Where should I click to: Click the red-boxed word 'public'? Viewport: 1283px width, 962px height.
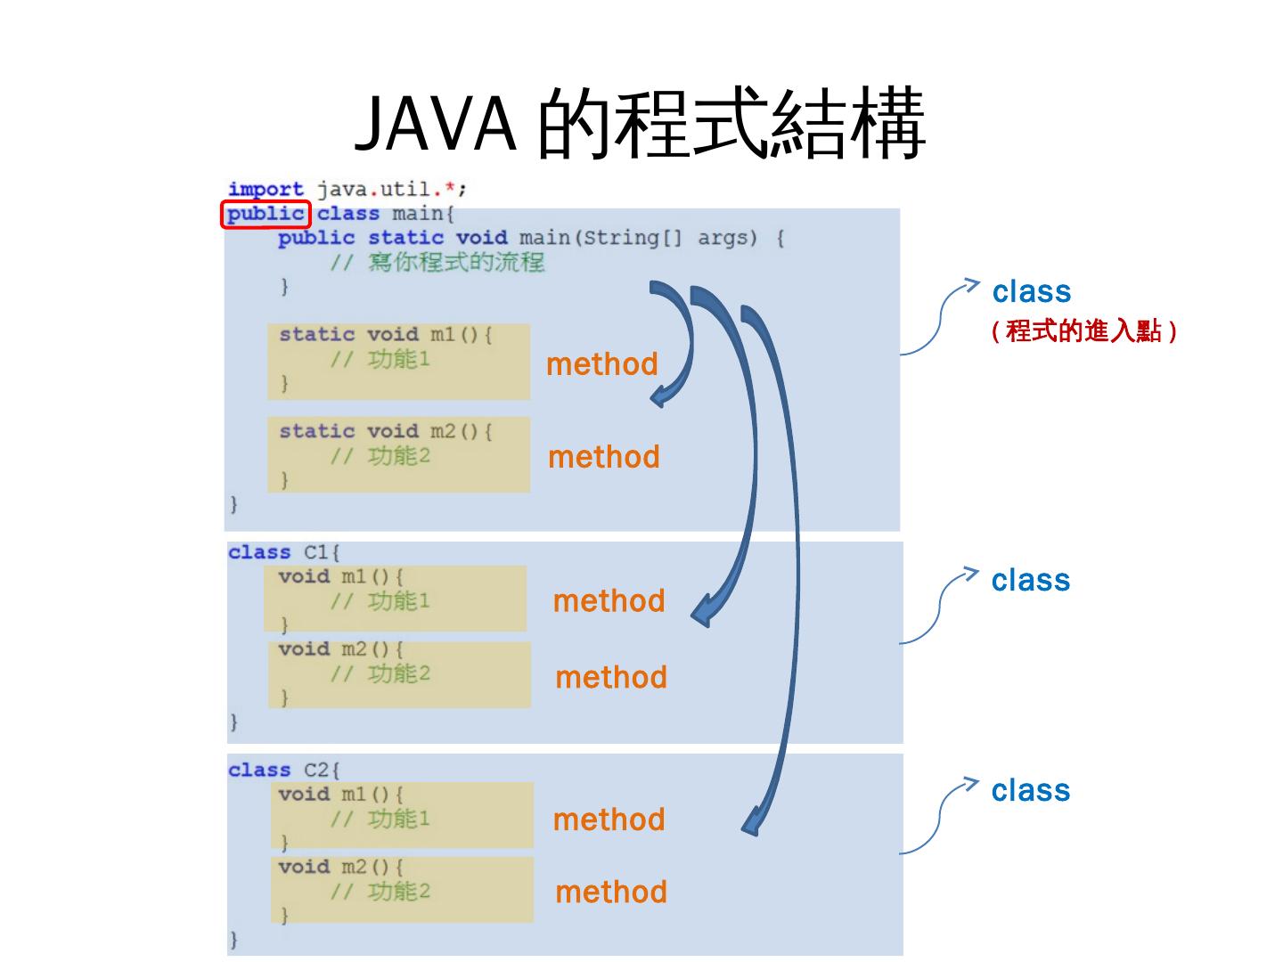pos(265,214)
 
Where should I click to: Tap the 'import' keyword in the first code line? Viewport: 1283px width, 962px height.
pos(266,189)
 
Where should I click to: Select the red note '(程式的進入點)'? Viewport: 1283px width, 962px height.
pos(1084,331)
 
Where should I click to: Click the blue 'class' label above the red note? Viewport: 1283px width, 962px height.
pos(1032,292)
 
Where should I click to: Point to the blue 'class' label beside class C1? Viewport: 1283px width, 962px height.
pos(1031,581)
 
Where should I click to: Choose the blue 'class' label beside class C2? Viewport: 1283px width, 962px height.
pos(1031,791)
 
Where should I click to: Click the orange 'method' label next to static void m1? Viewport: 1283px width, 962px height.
pos(602,364)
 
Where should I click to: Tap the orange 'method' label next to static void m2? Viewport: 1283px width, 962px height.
pos(604,457)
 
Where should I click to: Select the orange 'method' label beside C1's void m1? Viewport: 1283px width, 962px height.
pos(609,601)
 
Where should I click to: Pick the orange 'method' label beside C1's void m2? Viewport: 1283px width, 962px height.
pos(611,678)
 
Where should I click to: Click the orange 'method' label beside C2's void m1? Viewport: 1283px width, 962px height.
pos(609,820)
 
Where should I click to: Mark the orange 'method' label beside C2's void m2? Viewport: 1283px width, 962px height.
pos(611,893)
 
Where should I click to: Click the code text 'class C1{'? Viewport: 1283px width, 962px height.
pos(283,552)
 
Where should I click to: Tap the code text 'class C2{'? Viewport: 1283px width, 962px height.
pos(283,770)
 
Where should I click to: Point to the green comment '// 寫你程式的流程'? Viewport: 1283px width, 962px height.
pos(437,263)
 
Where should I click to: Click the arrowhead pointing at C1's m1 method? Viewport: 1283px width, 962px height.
pos(703,614)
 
